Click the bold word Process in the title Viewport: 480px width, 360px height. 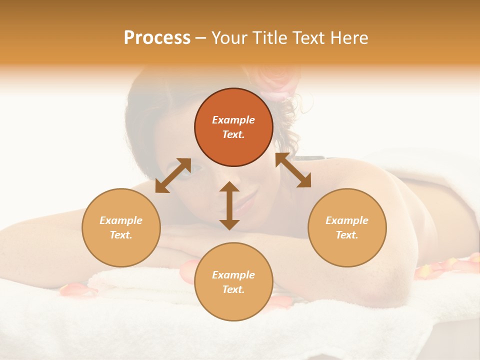point(157,38)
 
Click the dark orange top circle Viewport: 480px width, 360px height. point(233,127)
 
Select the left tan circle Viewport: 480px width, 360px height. point(121,227)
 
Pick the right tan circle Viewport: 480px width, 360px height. point(347,227)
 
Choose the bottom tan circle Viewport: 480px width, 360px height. point(233,281)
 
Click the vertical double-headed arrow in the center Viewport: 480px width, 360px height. point(229,205)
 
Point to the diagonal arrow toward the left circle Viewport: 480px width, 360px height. point(172,175)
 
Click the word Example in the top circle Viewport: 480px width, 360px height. point(233,120)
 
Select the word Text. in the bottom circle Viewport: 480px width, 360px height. point(233,289)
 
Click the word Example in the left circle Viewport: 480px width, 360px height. point(121,220)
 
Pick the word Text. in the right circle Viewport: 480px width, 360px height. point(347,235)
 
